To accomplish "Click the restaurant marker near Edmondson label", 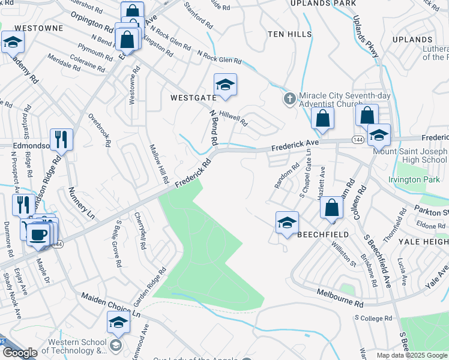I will tap(61, 140).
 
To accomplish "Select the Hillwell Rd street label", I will tap(234, 118).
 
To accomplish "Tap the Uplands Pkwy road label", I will tap(366, 36).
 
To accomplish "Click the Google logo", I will tap(20, 353).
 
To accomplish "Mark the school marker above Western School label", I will tap(118, 322).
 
